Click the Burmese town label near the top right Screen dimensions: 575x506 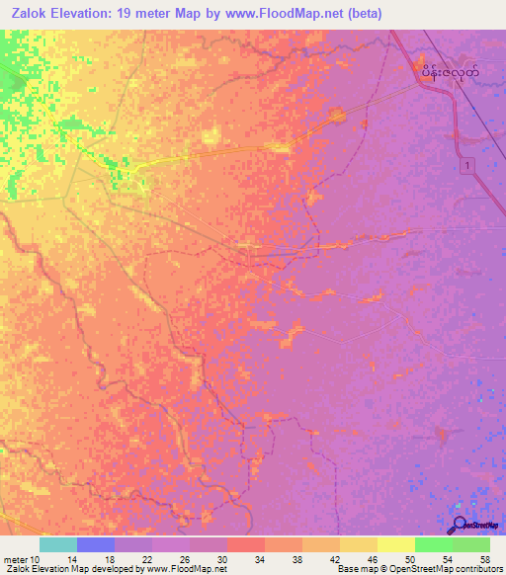(x=451, y=72)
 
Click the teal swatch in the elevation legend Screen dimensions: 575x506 (x=58, y=544)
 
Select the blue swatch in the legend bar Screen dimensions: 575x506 (x=96, y=544)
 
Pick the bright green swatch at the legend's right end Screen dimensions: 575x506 (x=471, y=544)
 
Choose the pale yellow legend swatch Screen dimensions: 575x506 (x=396, y=544)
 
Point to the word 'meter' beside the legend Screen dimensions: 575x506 (x=15, y=560)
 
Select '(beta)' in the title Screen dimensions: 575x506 (x=363, y=13)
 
